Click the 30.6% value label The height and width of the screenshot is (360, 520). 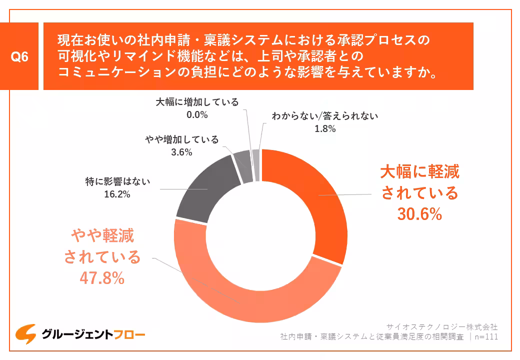pyautogui.click(x=420, y=214)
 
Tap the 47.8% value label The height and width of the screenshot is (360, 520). pyautogui.click(x=102, y=278)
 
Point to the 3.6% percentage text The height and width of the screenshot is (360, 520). pyautogui.click(x=181, y=152)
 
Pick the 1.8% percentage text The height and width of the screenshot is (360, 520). pyautogui.click(x=324, y=128)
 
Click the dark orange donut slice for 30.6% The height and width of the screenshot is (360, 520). pyautogui.click(x=320, y=200)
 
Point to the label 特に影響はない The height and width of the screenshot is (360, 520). pyautogui.click(x=117, y=182)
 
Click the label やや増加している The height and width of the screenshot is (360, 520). pyautogui.click(x=181, y=140)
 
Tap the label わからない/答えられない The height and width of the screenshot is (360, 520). pyautogui.click(x=325, y=116)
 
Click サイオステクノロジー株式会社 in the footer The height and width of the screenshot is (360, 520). pyautogui.click(x=442, y=327)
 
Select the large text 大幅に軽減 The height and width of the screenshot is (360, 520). pyautogui.click(x=420, y=172)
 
